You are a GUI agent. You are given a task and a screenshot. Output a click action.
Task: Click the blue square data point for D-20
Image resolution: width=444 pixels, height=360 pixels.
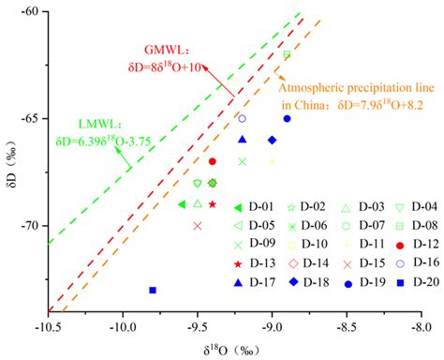pyautogui.click(x=153, y=290)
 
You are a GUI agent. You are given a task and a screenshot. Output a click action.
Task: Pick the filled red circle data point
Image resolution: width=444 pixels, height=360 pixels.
pyautogui.click(x=213, y=161)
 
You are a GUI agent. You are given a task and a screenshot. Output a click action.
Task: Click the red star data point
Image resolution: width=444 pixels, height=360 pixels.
pyautogui.click(x=213, y=204)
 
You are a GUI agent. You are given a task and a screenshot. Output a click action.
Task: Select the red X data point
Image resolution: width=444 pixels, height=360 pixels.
pyautogui.click(x=197, y=225)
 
